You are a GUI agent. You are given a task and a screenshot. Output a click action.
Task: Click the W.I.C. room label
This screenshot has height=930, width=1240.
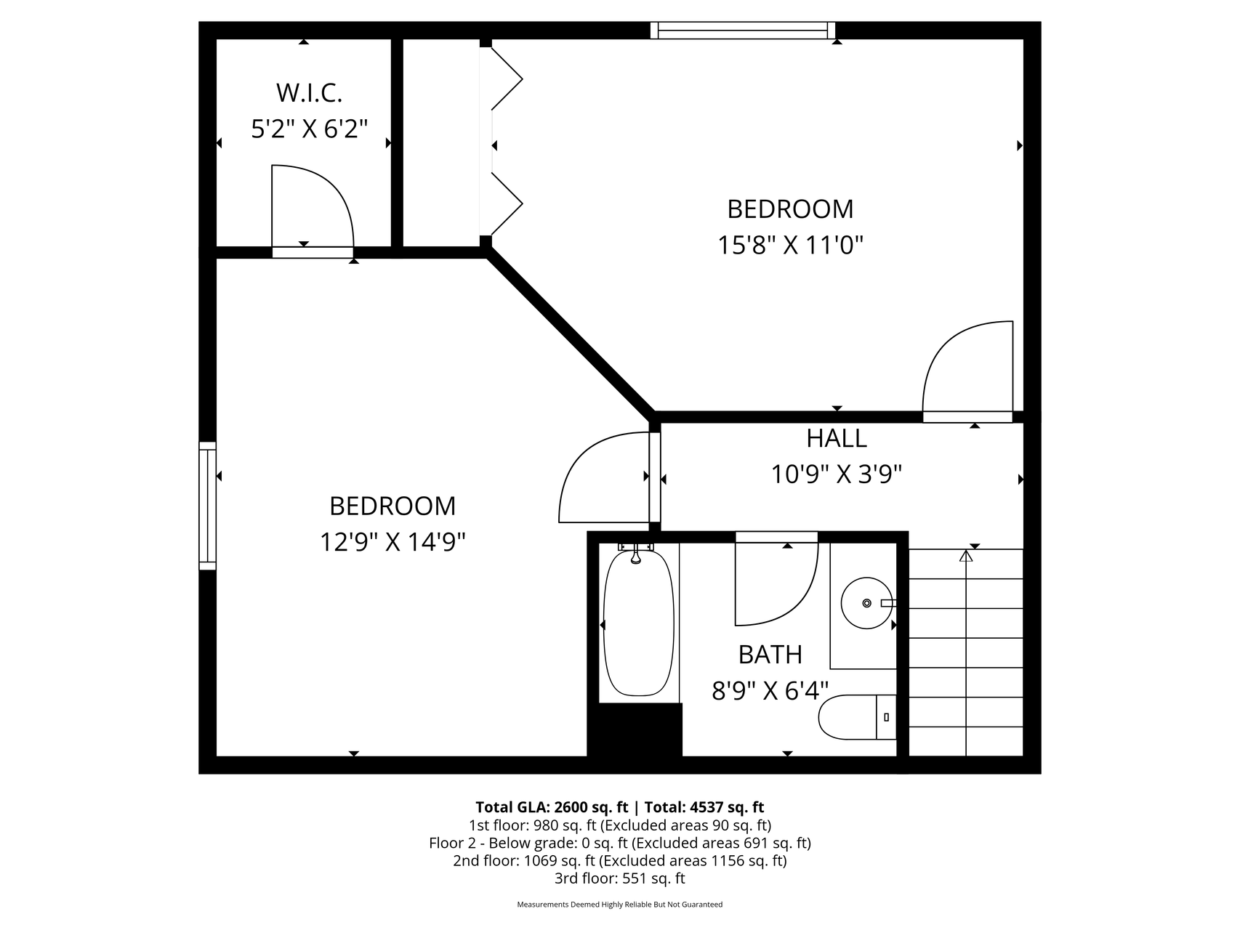[x=309, y=93]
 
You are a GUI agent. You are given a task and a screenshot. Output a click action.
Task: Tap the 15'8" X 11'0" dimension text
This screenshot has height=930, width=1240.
[x=790, y=245]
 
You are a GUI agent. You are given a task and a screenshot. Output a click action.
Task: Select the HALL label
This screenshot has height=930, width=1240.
[x=837, y=438]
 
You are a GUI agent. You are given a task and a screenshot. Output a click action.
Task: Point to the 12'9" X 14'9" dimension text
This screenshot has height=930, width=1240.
[x=392, y=541]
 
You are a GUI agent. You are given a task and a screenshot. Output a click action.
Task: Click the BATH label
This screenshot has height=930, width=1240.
[x=770, y=655]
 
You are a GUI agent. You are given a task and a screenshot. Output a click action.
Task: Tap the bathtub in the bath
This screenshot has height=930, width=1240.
[x=638, y=623]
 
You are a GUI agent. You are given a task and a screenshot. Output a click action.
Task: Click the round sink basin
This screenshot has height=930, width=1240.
[x=866, y=603]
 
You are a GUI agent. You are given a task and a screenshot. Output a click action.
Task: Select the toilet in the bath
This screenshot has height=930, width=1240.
[x=858, y=717]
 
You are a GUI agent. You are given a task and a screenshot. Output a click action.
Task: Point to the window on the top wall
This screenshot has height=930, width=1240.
[x=743, y=31]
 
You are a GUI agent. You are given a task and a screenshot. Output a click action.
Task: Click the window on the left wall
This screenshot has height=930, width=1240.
[x=208, y=506]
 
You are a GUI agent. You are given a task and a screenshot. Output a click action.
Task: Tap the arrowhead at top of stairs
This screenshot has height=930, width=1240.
[x=966, y=556]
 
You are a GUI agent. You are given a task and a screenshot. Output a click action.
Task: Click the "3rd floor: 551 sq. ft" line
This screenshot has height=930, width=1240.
[x=619, y=878]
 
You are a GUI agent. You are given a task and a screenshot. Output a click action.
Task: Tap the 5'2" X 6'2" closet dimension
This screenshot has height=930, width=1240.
[x=309, y=129]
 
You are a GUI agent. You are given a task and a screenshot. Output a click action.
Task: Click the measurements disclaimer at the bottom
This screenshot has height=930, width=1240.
[x=619, y=905]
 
